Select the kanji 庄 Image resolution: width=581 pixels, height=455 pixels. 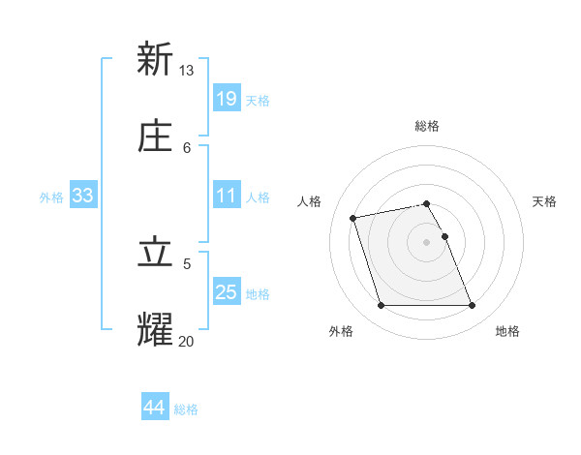[x=154, y=136]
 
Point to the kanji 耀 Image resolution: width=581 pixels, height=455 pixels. [x=154, y=329]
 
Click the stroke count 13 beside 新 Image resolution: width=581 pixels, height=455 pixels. [x=187, y=71]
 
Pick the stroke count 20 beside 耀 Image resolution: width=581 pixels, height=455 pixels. [x=187, y=341]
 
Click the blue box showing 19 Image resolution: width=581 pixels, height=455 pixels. [x=227, y=98]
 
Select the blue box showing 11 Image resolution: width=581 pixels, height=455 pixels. [x=227, y=196]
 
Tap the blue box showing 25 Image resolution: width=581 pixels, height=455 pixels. [x=227, y=292]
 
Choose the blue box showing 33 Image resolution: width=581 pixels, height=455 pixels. [x=82, y=196]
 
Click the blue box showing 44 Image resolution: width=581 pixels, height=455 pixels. [x=154, y=408]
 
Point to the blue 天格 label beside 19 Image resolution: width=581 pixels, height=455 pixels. [x=258, y=100]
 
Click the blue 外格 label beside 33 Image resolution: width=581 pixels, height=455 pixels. [x=51, y=197]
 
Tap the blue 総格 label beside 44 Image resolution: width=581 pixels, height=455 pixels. [x=186, y=409]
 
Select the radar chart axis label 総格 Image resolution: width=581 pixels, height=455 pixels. [x=427, y=126]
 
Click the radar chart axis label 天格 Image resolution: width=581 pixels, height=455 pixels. [x=545, y=201]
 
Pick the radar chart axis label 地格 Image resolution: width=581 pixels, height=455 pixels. [x=507, y=331]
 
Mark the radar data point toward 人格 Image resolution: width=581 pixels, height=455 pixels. [x=353, y=217]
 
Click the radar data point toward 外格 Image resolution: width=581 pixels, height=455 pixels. [x=381, y=306]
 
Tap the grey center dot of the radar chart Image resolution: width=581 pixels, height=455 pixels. [x=427, y=241]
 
